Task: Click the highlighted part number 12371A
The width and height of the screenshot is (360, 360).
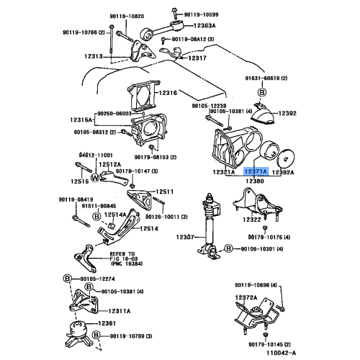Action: point(256,173)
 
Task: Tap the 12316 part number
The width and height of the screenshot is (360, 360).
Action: point(168,94)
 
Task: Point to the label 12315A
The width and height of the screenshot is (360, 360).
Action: point(84,120)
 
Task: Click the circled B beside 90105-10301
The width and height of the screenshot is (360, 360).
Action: point(228,248)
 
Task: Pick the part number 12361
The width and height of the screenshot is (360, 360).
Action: point(107,324)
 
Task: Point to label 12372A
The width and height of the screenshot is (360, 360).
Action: point(245,297)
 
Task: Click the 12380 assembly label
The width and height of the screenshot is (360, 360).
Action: point(256,181)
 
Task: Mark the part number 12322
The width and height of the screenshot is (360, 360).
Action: point(252,218)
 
